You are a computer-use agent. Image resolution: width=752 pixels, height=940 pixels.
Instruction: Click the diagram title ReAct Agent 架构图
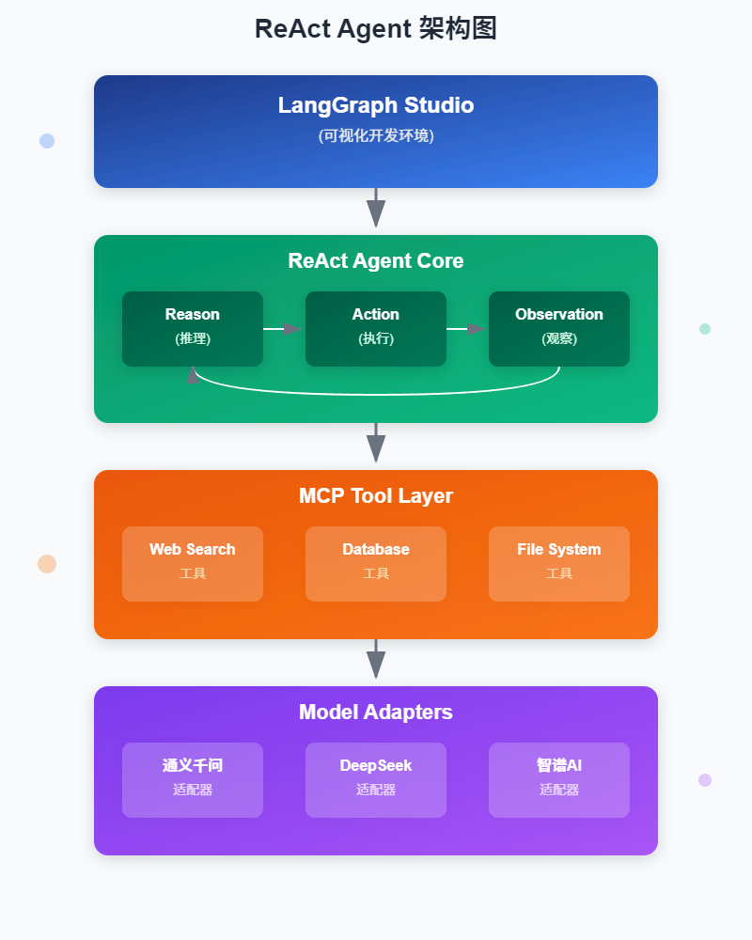[376, 29]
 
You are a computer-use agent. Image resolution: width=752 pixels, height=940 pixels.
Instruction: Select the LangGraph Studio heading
[376, 105]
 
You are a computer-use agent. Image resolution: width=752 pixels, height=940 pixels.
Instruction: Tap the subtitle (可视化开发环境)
[376, 135]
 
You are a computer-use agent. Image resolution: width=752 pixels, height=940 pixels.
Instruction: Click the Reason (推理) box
[193, 328]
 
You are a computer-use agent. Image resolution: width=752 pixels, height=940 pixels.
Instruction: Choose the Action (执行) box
[376, 328]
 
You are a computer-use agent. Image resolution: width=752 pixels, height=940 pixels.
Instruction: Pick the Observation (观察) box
[559, 328]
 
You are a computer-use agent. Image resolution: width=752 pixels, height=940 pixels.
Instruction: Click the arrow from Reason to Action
[283, 329]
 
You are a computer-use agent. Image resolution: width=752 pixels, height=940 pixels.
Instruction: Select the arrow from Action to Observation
[466, 329]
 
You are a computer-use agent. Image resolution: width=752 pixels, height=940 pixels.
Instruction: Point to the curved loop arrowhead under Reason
[194, 374]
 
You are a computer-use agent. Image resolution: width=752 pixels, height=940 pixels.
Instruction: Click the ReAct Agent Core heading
[376, 260]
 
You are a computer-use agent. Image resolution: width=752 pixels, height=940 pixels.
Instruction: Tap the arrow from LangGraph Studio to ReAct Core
[376, 209]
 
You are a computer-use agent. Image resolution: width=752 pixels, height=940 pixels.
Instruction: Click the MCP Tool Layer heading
[376, 495]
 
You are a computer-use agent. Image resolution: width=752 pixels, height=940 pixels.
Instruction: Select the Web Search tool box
[193, 563]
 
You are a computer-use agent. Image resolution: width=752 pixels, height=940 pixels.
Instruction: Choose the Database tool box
[376, 563]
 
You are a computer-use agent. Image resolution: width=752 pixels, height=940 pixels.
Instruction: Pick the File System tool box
[559, 563]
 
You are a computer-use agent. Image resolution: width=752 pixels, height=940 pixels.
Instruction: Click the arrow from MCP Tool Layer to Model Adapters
[376, 660]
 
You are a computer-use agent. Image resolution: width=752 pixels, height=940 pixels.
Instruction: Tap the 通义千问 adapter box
[193, 779]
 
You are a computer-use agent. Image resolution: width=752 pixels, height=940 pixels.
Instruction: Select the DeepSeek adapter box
[376, 779]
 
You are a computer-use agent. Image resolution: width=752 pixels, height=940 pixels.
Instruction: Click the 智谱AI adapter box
[559, 779]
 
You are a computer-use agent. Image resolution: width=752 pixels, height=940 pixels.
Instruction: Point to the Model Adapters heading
[376, 712]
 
